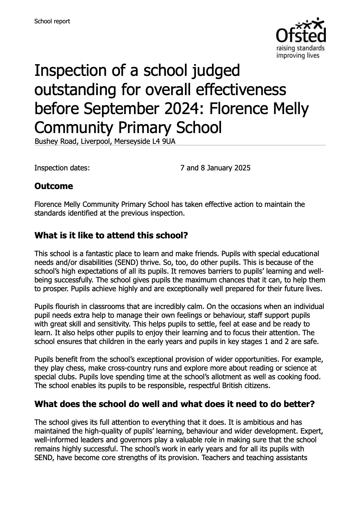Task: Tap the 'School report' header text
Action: pyautogui.click(x=52, y=21)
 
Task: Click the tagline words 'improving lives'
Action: pyautogui.click(x=298, y=55)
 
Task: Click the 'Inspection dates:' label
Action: pyautogui.click(x=62, y=168)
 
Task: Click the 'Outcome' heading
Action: pyautogui.click(x=54, y=186)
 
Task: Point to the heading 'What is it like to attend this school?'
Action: pyautogui.click(x=111, y=235)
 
